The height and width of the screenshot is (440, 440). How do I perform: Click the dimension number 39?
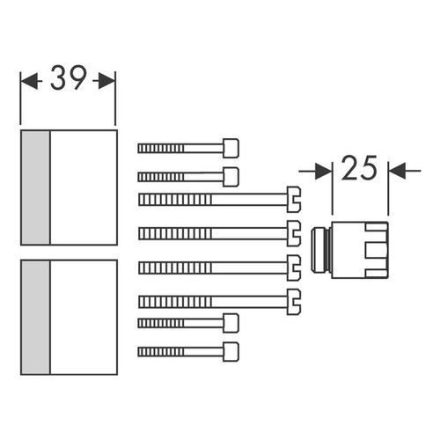[68, 80]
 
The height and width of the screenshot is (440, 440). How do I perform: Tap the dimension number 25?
[359, 167]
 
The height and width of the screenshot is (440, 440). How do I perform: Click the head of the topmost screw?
[231, 148]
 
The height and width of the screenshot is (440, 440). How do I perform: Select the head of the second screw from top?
[231, 176]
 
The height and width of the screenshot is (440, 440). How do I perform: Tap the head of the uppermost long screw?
[294, 199]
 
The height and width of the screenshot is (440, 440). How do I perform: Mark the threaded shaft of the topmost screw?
[180, 149]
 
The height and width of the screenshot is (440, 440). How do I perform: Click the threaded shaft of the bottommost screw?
[180, 350]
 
